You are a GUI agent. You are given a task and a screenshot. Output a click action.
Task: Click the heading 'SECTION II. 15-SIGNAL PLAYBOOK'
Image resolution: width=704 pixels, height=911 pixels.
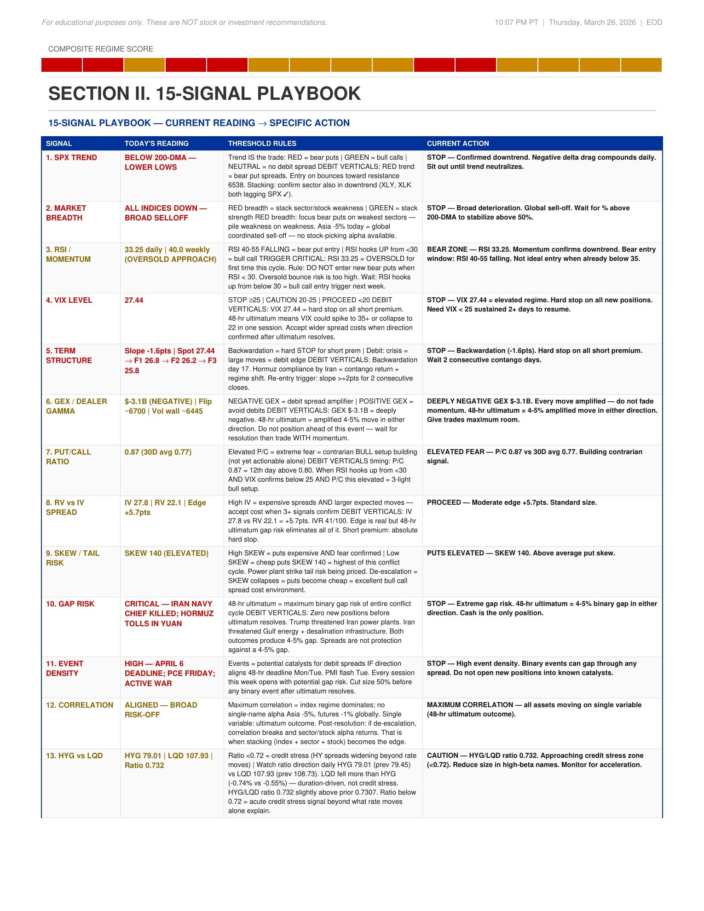tap(204, 93)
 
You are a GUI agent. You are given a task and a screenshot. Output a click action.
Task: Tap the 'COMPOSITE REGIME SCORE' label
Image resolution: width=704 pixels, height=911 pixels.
tap(100, 49)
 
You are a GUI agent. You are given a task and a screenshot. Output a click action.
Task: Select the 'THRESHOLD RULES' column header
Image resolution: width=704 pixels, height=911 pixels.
tap(262, 144)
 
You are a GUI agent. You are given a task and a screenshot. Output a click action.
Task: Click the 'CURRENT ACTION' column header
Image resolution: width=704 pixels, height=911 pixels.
tap(457, 144)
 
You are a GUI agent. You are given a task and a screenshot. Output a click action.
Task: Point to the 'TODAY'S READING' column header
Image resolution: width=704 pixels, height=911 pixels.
tap(156, 144)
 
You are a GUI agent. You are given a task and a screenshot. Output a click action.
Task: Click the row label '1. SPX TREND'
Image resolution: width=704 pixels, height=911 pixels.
tap(71, 157)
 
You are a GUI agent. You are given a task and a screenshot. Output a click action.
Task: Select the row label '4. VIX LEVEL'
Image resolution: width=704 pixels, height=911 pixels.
tap(69, 300)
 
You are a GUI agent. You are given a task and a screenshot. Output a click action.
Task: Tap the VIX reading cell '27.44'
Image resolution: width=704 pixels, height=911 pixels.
tap(134, 300)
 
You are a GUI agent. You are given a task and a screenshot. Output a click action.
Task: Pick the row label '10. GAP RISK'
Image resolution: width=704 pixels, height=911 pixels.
tap(70, 604)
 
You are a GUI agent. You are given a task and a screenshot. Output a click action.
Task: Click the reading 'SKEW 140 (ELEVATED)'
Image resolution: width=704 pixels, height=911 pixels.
tap(166, 553)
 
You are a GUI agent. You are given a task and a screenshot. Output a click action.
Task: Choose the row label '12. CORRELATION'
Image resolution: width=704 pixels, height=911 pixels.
tap(79, 705)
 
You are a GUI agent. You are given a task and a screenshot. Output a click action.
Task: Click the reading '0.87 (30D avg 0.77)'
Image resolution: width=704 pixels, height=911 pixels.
tap(158, 452)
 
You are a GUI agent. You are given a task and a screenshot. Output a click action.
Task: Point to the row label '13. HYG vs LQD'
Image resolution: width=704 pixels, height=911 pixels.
tap(74, 755)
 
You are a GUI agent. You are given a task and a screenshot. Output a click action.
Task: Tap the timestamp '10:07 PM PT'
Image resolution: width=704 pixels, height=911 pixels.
tap(516, 22)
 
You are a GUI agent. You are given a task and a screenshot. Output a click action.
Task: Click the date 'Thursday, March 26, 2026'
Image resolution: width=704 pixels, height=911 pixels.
tap(592, 22)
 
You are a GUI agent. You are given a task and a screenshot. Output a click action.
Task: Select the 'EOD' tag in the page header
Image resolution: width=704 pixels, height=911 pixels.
tap(654, 22)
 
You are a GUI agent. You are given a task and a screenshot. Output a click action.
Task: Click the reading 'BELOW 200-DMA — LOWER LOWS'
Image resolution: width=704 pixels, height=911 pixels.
tap(160, 162)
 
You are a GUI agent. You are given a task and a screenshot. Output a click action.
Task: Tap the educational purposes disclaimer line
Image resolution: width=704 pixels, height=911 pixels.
tap(185, 22)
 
